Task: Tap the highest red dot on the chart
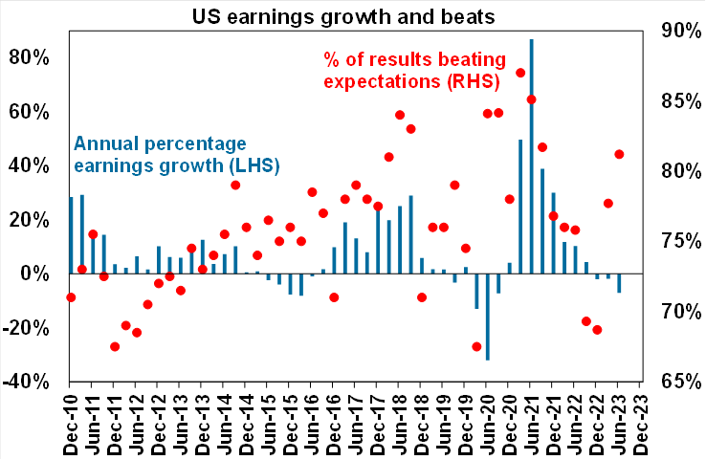coord(520,73)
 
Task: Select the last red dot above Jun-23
coord(619,154)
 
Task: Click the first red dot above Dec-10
coord(71,297)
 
